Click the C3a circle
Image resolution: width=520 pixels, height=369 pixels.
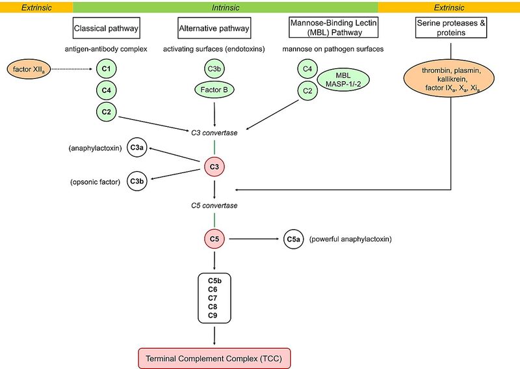click(137, 148)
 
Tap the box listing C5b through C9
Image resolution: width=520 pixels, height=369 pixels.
click(214, 297)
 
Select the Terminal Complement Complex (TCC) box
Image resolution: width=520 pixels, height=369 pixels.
click(214, 357)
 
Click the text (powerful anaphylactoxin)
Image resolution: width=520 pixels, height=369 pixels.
click(353, 240)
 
